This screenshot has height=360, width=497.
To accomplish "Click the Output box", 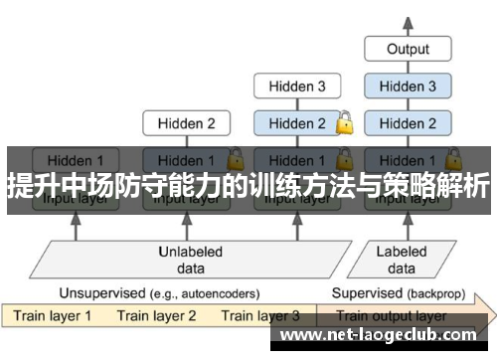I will coord(408,48).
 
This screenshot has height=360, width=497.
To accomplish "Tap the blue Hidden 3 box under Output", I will coord(408,87).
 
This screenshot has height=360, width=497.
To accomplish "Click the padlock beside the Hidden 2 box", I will coord(345,123).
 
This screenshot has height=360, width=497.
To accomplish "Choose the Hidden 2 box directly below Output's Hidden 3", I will coord(408,124).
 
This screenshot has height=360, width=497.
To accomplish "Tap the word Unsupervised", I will coord(100,293).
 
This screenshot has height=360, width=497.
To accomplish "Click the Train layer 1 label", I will coord(52,316).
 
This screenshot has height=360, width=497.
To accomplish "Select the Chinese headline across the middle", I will coord(248,185).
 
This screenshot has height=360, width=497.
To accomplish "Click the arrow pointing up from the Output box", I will coord(408,22).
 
